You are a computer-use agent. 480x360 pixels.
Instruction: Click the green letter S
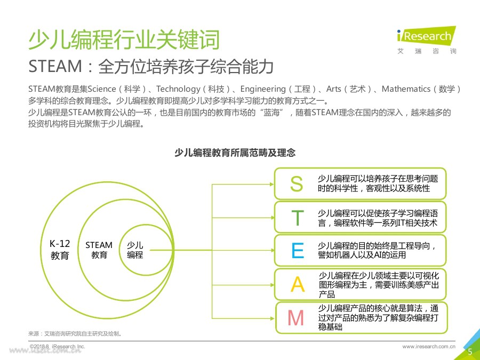[x=296, y=184]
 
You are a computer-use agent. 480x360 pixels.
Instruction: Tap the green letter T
[x=298, y=218]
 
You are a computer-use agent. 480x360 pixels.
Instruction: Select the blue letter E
[x=298, y=251]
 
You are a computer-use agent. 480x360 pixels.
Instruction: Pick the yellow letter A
[x=298, y=285]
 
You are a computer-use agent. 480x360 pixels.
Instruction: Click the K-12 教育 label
[x=60, y=250]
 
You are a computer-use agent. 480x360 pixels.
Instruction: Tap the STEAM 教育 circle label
[x=99, y=250]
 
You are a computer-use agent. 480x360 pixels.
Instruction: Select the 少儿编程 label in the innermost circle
[x=135, y=250]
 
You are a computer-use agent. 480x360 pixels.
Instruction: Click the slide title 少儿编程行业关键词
[x=123, y=40]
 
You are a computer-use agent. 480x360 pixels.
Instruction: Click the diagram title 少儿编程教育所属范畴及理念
[x=235, y=153]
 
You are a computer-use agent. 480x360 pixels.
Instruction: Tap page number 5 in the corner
[x=470, y=352]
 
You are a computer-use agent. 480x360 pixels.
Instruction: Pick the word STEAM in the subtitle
[x=55, y=67]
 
